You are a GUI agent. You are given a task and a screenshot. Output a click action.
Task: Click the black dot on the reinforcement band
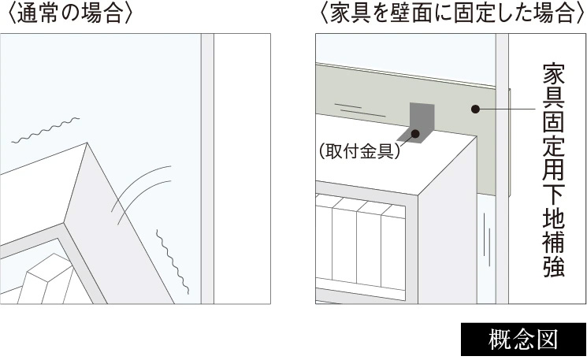pos(475,109)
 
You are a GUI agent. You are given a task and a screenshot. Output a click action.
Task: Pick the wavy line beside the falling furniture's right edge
pos(171,260)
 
